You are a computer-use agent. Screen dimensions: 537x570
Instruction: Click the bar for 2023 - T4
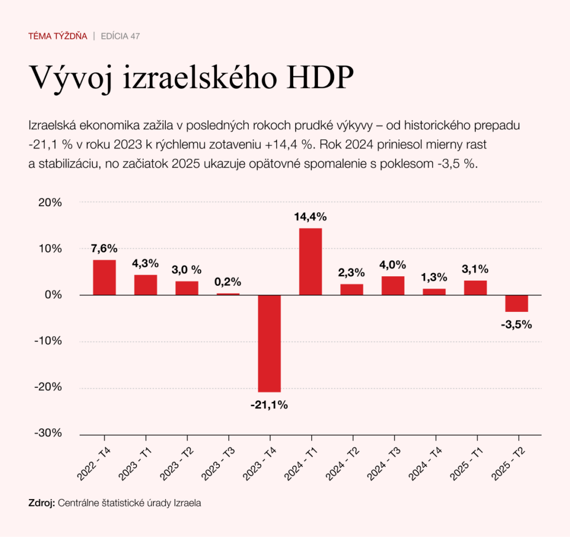pos(269,343)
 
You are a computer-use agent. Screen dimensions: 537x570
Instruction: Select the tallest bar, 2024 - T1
pos(311,261)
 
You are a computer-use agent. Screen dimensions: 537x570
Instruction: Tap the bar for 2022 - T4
pos(104,277)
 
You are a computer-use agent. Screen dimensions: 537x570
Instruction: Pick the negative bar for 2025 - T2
pos(517,303)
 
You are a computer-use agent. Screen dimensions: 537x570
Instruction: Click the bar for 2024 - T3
pos(393,285)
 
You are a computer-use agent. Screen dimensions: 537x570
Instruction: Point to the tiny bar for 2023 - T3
pos(228,294)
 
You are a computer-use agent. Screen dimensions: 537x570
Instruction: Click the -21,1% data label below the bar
pos(269,406)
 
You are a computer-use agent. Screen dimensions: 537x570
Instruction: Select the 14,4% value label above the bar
pos(311,217)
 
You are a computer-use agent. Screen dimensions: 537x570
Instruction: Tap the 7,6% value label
pos(104,248)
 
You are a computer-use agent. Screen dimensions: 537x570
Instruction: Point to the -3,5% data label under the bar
pos(516,324)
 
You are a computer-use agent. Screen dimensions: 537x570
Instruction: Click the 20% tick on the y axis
pos(50,202)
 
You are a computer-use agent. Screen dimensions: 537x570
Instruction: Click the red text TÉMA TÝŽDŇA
pos(58,36)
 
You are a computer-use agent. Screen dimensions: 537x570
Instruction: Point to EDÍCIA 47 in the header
pos(120,36)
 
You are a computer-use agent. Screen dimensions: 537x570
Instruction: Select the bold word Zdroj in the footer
pos(41,502)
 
